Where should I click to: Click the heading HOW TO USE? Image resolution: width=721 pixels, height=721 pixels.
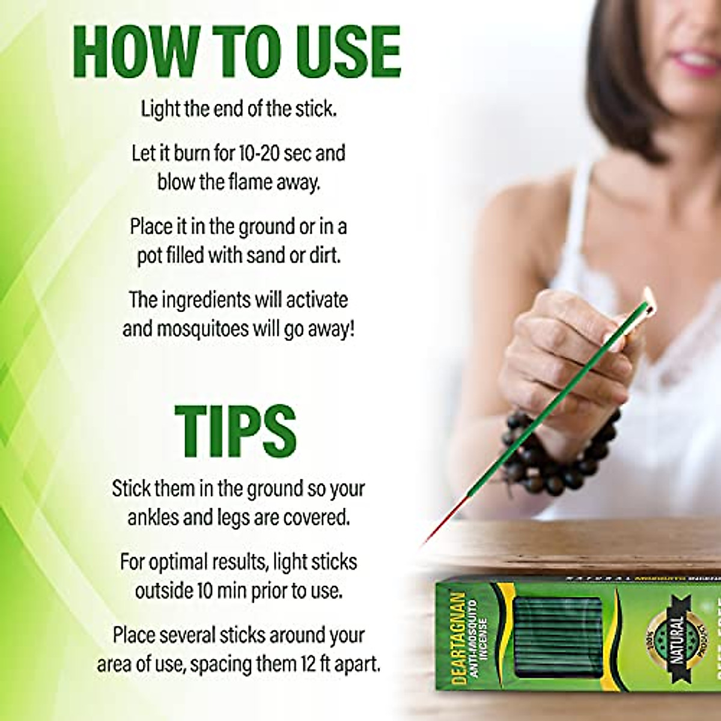coord(237,51)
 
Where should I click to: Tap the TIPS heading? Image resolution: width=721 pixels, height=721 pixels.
coord(236,430)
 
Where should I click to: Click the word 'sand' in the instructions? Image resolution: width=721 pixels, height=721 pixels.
coord(263,256)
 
